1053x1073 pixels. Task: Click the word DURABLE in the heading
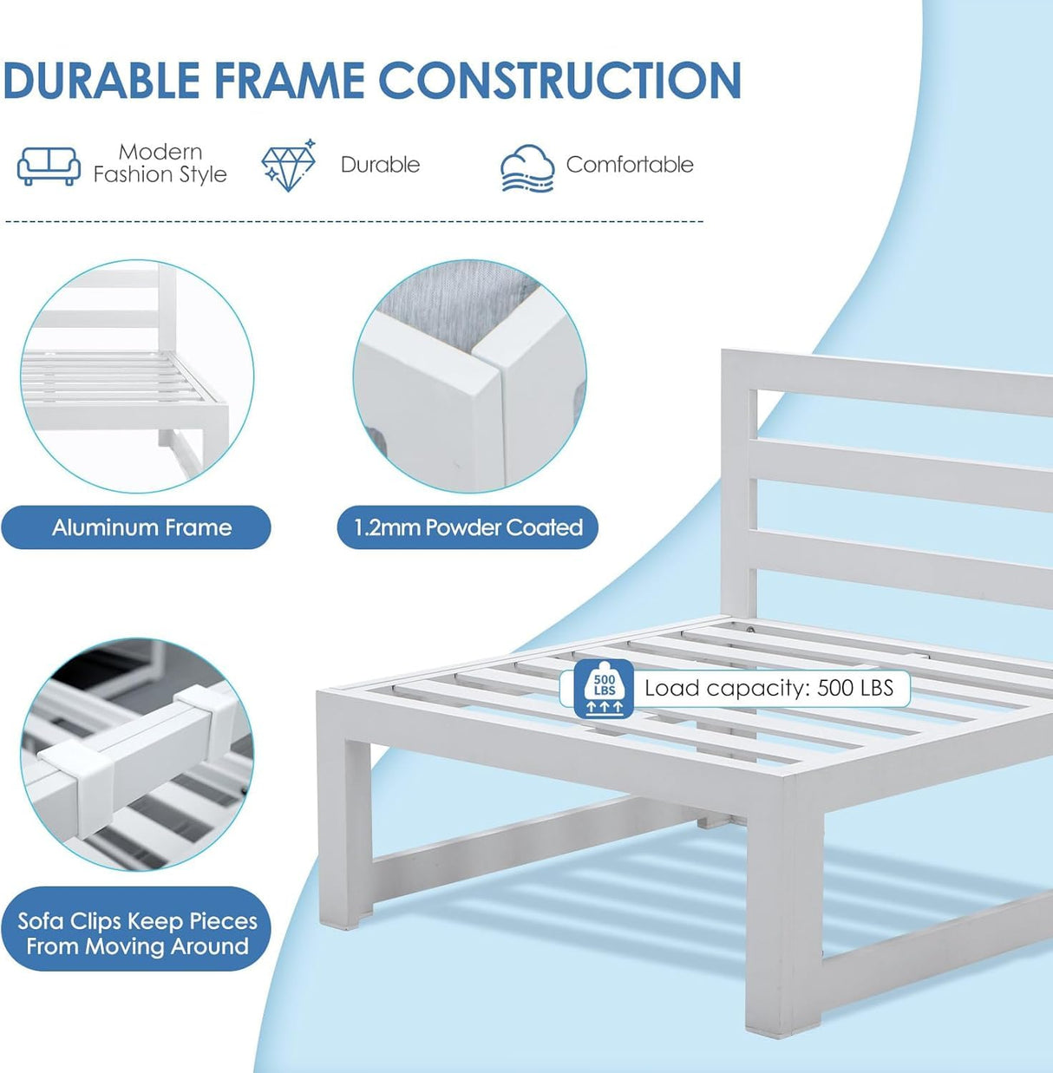[x=101, y=80]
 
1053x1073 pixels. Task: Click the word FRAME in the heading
[x=290, y=80]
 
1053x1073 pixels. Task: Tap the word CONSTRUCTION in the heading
[x=560, y=80]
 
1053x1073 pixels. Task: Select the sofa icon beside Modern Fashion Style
[x=49, y=166]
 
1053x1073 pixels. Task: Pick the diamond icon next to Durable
[x=289, y=166]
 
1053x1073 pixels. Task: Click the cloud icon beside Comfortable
[x=527, y=168]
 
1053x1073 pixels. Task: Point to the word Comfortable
[x=630, y=164]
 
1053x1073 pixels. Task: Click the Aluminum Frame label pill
[x=136, y=527]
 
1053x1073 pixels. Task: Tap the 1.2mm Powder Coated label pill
[x=468, y=527]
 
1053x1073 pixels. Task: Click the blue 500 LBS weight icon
[x=605, y=689]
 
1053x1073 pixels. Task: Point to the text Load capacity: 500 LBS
[x=769, y=688]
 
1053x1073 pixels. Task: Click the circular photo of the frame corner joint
[x=469, y=376]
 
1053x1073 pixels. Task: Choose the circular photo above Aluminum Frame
[x=138, y=376]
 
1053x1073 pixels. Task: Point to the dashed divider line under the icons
[x=354, y=221]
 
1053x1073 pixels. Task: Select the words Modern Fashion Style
[x=160, y=163]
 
